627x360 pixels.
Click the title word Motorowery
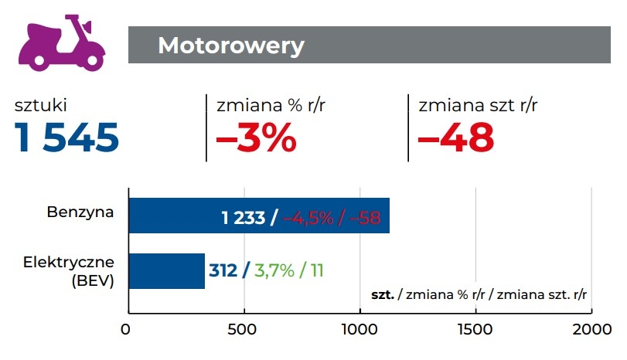coord(230,46)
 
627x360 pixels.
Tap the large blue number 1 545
coord(67,138)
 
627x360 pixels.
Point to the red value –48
coord(455,138)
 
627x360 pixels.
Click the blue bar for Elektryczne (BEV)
coord(166,270)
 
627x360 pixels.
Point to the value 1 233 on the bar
coord(244,217)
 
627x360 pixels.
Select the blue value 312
coord(223,271)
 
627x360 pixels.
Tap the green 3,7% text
coord(274,271)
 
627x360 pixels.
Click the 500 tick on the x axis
coord(244,329)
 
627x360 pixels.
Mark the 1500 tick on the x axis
coord(475,329)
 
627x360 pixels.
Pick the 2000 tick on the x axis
coord(590,329)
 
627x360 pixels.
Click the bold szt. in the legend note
coord(383,295)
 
